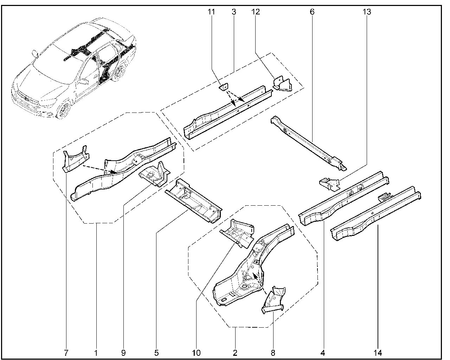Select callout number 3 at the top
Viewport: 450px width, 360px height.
pos(234,12)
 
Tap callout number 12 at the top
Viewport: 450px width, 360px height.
pos(256,12)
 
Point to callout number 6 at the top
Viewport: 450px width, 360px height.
pos(312,12)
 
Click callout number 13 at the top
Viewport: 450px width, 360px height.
pos(367,12)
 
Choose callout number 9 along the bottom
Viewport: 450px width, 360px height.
pos(123,352)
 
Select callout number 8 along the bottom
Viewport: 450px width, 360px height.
pos(273,352)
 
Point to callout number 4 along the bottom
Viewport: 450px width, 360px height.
pos(323,352)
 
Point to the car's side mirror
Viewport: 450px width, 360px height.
pos(34,53)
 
